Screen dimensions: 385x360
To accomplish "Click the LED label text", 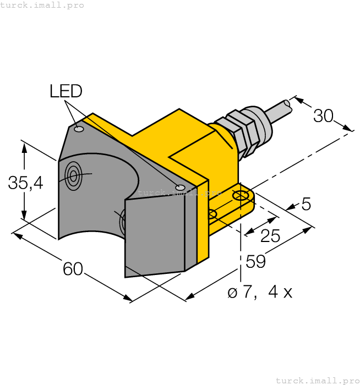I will (x=66, y=91).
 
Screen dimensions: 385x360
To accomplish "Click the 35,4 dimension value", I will (x=26, y=183).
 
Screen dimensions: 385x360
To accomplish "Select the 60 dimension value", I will (x=73, y=269).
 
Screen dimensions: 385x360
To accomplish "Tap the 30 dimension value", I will (x=324, y=116).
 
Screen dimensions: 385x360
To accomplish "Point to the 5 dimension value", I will (x=306, y=205).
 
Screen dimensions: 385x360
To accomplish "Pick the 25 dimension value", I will (x=270, y=236).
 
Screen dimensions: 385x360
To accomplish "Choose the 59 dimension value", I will (x=255, y=262).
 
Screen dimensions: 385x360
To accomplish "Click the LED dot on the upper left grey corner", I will (x=79, y=129).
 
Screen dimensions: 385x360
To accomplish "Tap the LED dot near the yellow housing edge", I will (x=180, y=188).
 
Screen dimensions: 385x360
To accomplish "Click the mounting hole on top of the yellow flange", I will (x=241, y=196).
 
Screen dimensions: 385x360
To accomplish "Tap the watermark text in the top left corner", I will (x=42, y=5).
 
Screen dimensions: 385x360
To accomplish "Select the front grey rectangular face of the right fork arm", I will (x=155, y=237).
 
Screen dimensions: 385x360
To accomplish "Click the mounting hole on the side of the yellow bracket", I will (x=212, y=215).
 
